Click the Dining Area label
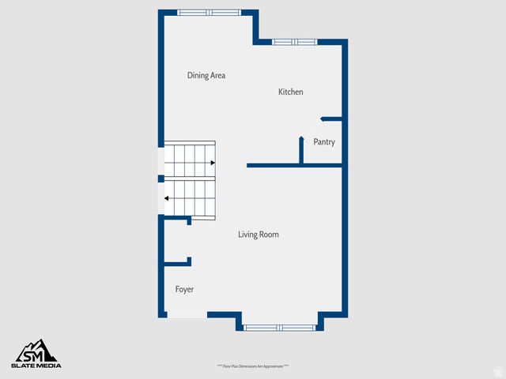tap(206, 76)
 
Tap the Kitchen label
tap(290, 92)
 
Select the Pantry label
tap(324, 142)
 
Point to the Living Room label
tap(259, 235)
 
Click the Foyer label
tap(184, 290)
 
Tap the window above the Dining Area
tap(210, 13)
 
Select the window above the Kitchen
tap(294, 42)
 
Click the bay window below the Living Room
tap(279, 327)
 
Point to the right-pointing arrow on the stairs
tap(212, 163)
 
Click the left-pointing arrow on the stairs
tap(167, 199)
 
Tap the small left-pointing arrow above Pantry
tap(323, 118)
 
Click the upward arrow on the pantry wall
tap(301, 140)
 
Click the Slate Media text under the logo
tap(36, 365)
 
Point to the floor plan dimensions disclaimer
tap(253, 366)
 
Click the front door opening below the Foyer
tap(187, 315)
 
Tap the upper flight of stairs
tap(190, 156)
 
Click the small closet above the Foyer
tap(176, 241)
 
